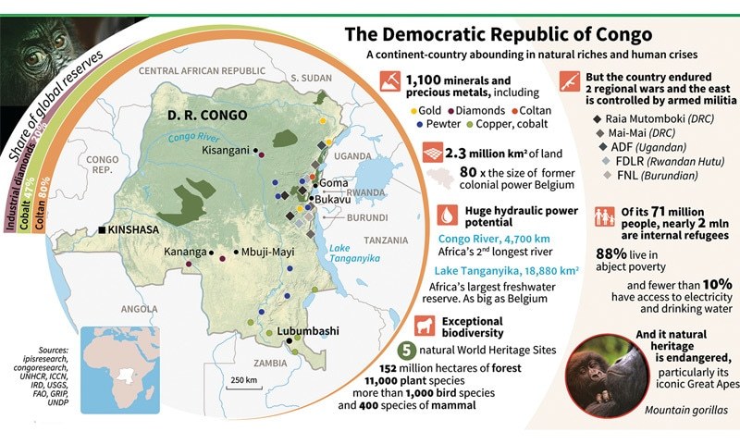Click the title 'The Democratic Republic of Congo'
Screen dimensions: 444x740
tap(499, 35)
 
